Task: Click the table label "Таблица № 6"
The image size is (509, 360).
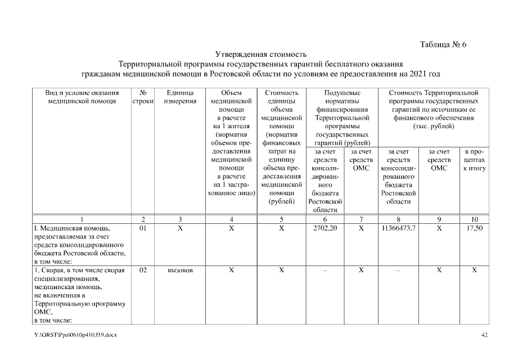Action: point(443,45)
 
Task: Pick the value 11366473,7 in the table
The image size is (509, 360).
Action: point(398,229)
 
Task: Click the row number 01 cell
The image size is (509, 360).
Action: point(143,229)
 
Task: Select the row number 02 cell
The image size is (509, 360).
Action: point(143,271)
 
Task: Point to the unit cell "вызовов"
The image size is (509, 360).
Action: point(180,271)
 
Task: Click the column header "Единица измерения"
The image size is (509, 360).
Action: point(180,97)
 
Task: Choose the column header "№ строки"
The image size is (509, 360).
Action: point(143,97)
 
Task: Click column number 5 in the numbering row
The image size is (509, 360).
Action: point(281,219)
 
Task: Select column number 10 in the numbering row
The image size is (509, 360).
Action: point(474,219)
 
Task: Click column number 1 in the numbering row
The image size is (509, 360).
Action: point(82,219)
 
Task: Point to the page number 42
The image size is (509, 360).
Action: point(485,335)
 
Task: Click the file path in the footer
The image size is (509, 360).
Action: point(75,335)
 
